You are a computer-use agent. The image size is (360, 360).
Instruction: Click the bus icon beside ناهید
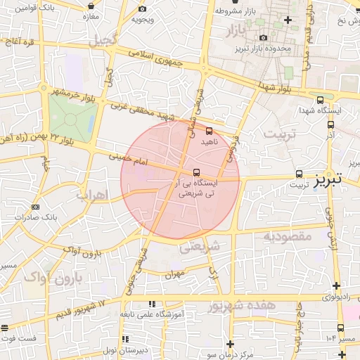click(208, 130)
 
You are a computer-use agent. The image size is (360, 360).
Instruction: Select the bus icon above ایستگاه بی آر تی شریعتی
click(195, 172)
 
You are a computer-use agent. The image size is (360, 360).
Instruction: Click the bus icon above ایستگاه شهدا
click(321, 100)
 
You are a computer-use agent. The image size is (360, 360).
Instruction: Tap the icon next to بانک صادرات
click(36, 207)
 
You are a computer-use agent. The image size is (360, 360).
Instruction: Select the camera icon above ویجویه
click(143, 8)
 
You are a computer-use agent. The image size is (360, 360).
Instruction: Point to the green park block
click(71, 117)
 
